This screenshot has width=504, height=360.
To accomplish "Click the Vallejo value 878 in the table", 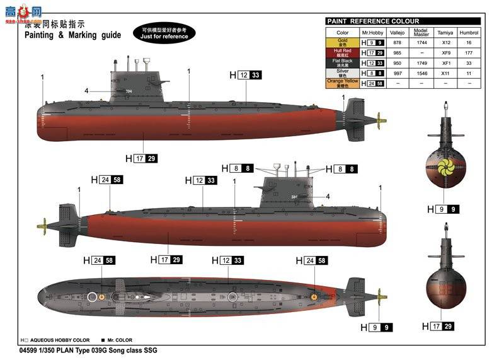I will pyautogui.click(x=397, y=42).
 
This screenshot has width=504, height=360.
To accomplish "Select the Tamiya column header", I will pyautogui.click(x=446, y=32).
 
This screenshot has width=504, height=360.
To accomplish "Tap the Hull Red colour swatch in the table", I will pyautogui.click(x=342, y=53).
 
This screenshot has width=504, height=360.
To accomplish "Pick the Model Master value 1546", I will pyautogui.click(x=422, y=73).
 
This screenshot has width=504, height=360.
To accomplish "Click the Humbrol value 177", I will pyautogui.click(x=468, y=53).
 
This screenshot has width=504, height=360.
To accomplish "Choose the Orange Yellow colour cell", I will pyautogui.click(x=342, y=83).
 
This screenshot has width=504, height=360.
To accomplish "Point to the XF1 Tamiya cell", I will pyautogui.click(x=446, y=63).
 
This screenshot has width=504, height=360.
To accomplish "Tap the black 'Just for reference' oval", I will pyautogui.click(x=165, y=33).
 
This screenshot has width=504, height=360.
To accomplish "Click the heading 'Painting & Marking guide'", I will pyautogui.click(x=72, y=35).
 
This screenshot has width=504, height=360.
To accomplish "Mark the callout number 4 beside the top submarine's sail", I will pyautogui.click(x=86, y=91).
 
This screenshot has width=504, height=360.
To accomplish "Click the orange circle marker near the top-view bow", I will pyautogui.click(x=313, y=295).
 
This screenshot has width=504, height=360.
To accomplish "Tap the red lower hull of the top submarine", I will pyautogui.click(x=189, y=129).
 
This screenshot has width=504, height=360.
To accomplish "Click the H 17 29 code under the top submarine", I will pyautogui.click(x=141, y=158).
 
